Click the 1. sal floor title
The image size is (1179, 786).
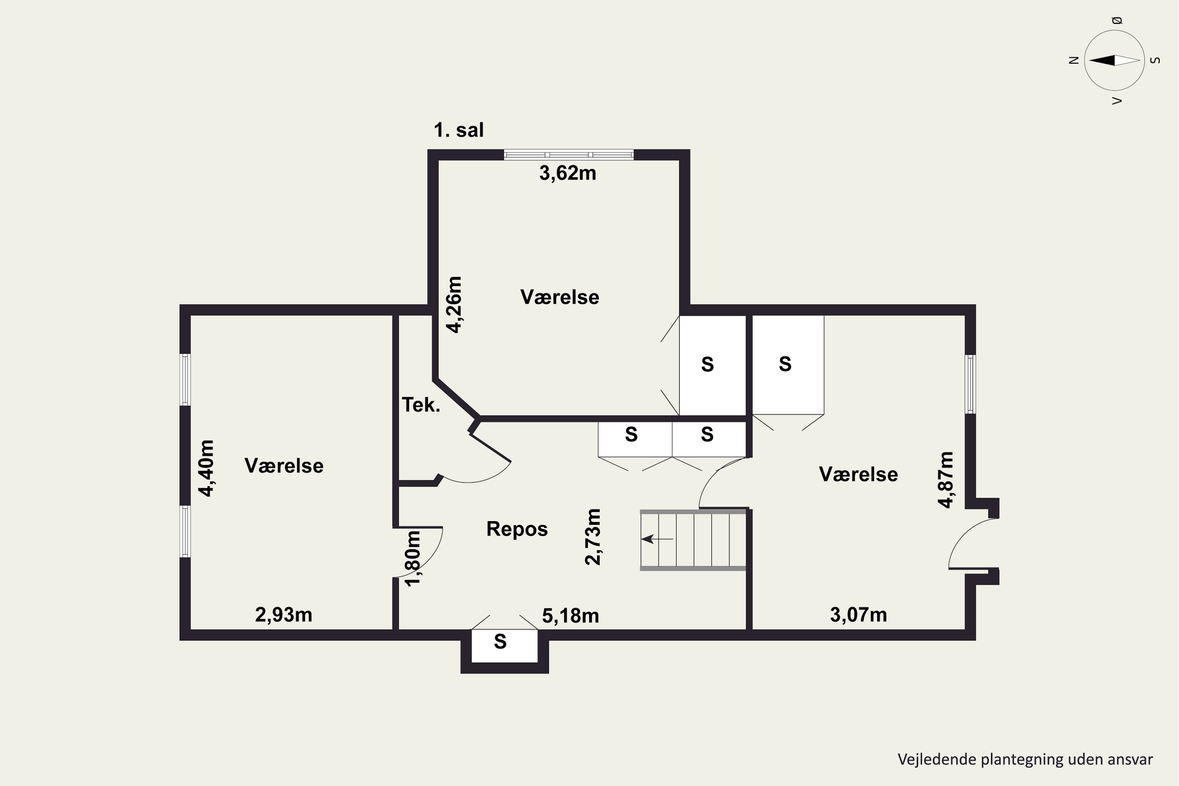coord(459,130)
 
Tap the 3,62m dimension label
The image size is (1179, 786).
coord(567,173)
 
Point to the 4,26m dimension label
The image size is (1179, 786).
coord(455,305)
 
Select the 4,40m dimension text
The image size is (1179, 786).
coord(206,468)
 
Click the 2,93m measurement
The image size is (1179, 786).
coord(284,615)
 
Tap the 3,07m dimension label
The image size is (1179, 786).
coord(859,615)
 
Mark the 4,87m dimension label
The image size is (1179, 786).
coord(946,480)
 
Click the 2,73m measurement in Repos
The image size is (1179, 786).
coord(593,537)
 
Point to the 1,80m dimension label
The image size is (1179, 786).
coord(413,558)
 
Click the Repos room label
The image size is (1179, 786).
coord(517,529)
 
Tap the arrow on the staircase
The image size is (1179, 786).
coord(657,539)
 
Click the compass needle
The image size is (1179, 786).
coord(1114,60)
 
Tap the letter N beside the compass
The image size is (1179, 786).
coord(1073,60)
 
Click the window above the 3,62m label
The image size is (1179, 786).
coord(568,155)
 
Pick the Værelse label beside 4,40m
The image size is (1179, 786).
coord(284,466)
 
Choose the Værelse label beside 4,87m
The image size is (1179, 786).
coord(858,474)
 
